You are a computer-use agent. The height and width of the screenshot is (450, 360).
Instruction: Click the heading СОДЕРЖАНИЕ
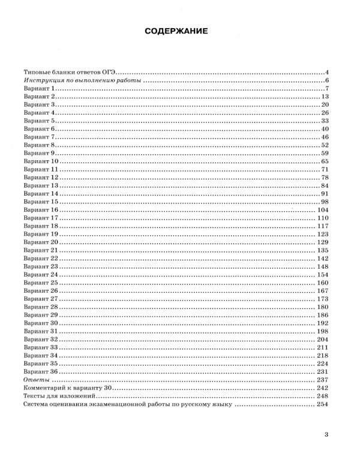tap(180, 32)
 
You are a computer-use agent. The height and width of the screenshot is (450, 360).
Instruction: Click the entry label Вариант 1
tap(38, 89)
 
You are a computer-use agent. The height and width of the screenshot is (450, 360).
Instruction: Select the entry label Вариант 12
tap(40, 178)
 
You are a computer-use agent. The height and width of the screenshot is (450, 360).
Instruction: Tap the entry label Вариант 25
tap(40, 282)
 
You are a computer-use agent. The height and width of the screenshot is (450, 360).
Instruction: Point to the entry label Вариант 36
tap(40, 372)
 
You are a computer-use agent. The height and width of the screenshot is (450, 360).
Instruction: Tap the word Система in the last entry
tap(35, 404)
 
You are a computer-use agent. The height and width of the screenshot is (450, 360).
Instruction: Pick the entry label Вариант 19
tap(40, 234)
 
